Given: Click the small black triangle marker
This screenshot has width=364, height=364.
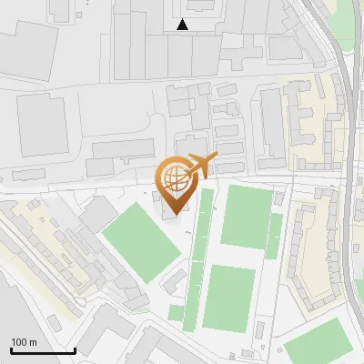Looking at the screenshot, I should click(x=183, y=25).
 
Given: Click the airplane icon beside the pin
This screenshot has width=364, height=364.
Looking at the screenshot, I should click(x=202, y=165).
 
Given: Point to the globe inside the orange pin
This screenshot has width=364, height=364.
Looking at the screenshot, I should click(x=176, y=173).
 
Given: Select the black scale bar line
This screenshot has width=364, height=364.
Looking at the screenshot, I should click(x=43, y=350).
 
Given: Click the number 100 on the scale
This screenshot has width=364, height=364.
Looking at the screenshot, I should click(x=20, y=342).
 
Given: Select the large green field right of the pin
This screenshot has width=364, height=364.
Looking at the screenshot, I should click(x=246, y=216).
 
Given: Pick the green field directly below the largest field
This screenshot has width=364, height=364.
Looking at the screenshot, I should click(x=229, y=298).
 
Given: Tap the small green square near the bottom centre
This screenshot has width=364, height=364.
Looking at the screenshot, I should click(x=176, y=313).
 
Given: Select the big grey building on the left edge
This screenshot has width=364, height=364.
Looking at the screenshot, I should click(x=42, y=124).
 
